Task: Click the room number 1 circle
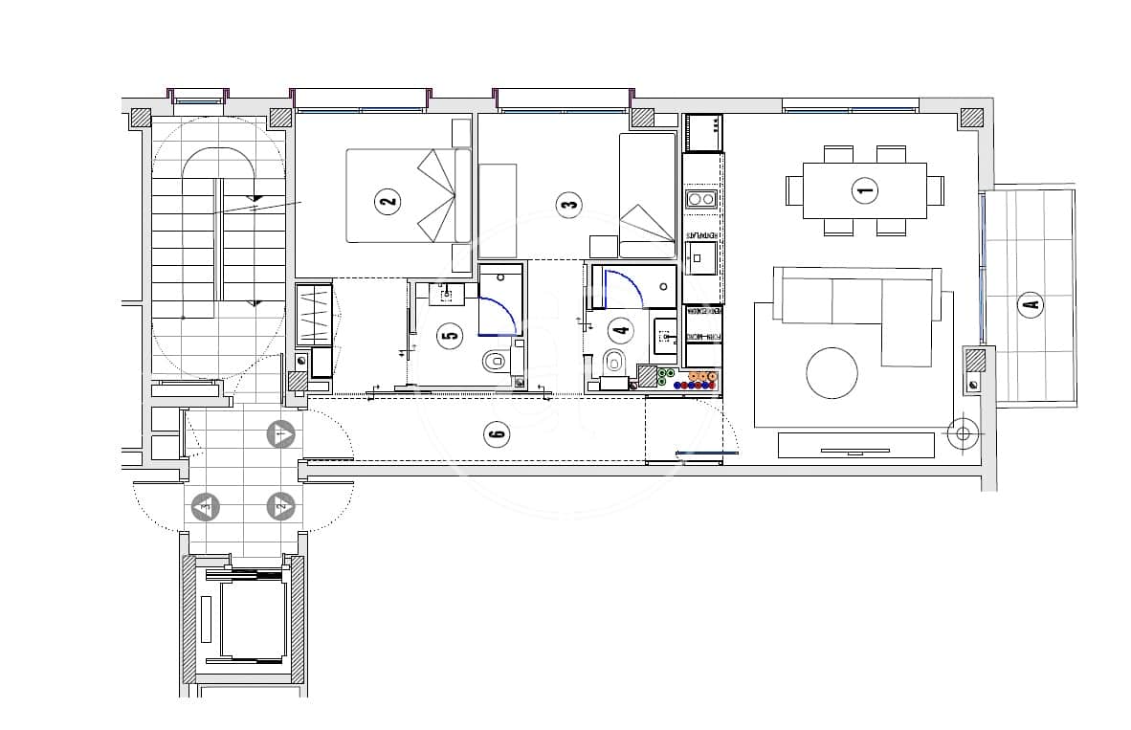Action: tap(864, 190)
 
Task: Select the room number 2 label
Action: tap(387, 202)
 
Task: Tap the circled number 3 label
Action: tap(568, 204)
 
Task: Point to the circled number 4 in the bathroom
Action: tap(621, 331)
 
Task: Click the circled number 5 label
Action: tap(449, 335)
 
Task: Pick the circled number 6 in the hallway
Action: tap(495, 434)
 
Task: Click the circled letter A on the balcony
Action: tap(1030, 306)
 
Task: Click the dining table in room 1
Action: tap(864, 190)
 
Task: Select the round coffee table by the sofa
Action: tap(832, 372)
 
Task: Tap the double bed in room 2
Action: tap(407, 195)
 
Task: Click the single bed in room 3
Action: tap(648, 195)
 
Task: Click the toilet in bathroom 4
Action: tap(614, 363)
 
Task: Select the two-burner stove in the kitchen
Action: tap(703, 200)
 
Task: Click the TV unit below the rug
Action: tap(855, 445)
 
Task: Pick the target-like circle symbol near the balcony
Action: tap(962, 433)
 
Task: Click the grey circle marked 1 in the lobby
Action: tap(280, 434)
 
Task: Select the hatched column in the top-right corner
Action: tap(971, 118)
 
